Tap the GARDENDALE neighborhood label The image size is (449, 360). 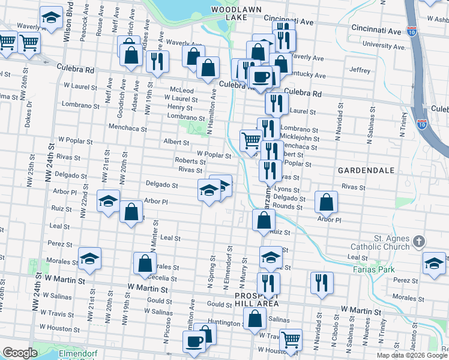point(366,170)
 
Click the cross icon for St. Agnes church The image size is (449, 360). point(419,242)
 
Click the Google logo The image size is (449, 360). point(19,353)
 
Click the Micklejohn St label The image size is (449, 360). point(299,137)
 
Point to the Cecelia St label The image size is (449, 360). point(164,278)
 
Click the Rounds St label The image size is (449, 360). point(288,206)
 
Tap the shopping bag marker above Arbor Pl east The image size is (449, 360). point(326,203)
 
